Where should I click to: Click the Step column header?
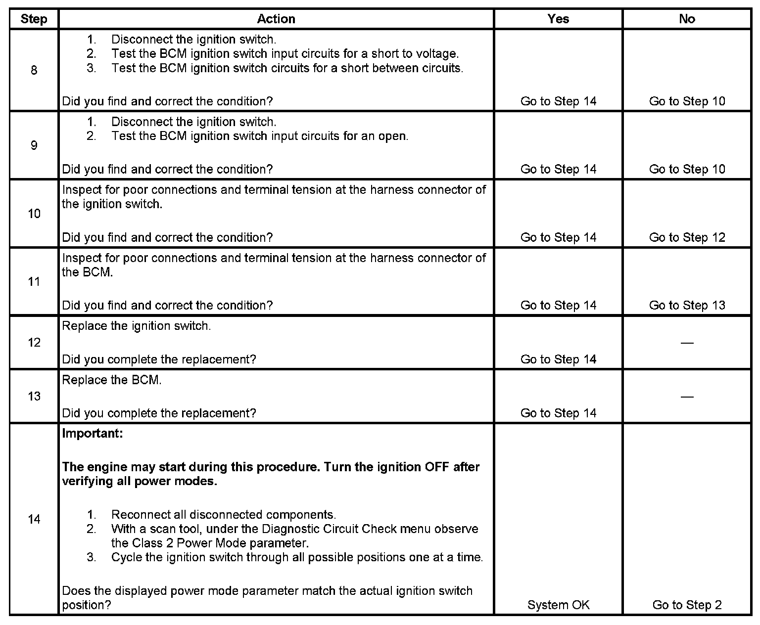pos(34,19)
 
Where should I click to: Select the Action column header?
pos(276,19)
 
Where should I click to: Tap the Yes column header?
pos(558,19)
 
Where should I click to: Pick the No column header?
pos(687,19)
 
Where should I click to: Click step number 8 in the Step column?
pos(34,70)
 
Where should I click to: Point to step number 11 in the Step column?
pos(34,282)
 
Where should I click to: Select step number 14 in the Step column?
pos(34,519)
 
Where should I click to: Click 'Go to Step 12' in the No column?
pos(687,237)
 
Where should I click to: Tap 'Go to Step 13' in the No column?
pos(687,305)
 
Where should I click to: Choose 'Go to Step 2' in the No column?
pos(687,605)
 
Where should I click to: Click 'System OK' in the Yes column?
pos(558,605)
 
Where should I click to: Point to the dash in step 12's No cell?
pos(687,343)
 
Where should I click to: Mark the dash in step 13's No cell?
pos(687,397)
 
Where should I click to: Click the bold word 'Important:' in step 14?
pos(93,434)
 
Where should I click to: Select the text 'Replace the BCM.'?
pos(112,380)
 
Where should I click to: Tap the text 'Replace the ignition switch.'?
pos(137,326)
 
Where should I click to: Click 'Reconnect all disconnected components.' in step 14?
pos(224,515)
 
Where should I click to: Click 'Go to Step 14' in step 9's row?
pos(558,169)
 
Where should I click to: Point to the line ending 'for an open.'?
pos(260,136)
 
